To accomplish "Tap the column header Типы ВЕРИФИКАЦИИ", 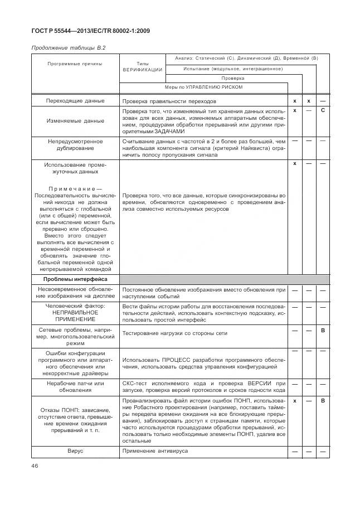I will click(142, 67).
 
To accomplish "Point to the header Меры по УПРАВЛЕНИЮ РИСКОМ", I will click(203, 88).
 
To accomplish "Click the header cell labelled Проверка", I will click(232, 78).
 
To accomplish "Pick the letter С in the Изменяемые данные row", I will click(323, 111).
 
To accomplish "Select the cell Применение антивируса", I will click(155, 450).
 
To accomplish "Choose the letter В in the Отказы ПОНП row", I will click(323, 401).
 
